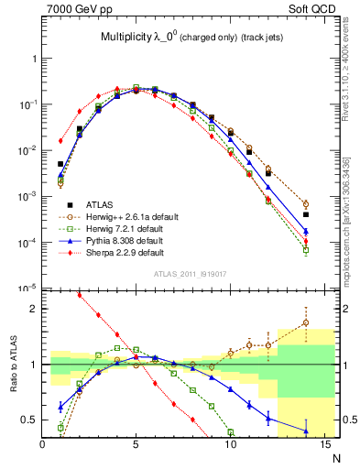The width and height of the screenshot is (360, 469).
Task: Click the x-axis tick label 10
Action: (x=230, y=444)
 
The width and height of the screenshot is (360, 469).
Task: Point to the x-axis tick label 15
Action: (x=323, y=444)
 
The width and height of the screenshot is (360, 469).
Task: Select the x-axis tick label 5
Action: (x=136, y=444)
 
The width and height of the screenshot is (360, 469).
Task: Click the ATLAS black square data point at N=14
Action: (x=306, y=214)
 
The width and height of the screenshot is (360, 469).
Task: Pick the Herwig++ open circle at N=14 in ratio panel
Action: (x=306, y=322)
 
